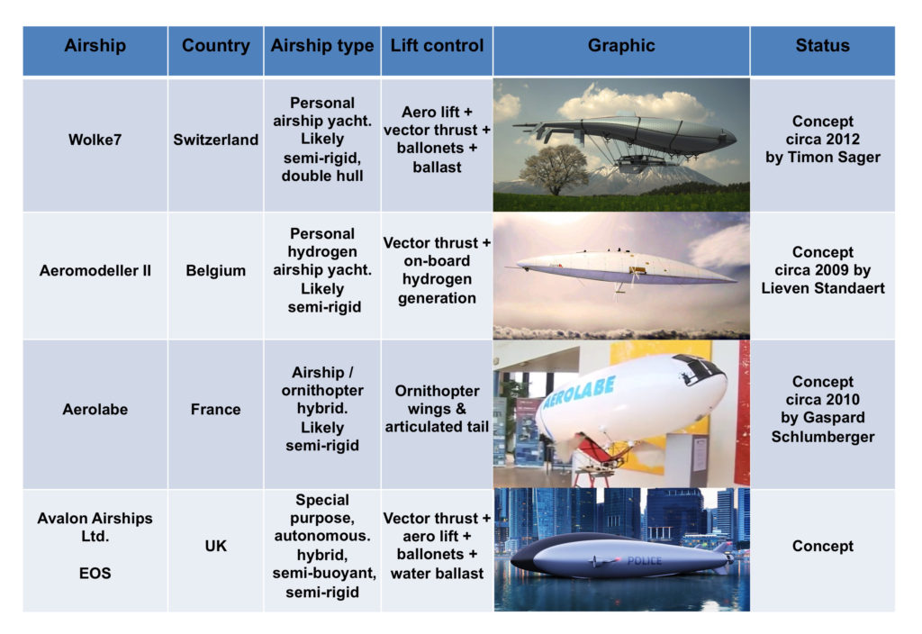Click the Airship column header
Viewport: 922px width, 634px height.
click(95, 46)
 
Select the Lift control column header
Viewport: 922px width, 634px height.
click(437, 46)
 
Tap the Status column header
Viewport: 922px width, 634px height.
click(823, 46)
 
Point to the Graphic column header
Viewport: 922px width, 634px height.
click(621, 46)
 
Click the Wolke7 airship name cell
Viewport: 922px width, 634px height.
click(95, 140)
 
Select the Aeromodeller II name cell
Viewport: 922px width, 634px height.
click(95, 270)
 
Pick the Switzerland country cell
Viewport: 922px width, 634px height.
click(216, 140)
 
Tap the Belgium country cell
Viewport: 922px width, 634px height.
click(216, 270)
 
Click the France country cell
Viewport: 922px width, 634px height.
click(216, 410)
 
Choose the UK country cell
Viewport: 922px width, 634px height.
click(216, 547)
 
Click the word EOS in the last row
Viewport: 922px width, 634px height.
click(95, 574)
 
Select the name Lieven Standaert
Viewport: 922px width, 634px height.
click(823, 288)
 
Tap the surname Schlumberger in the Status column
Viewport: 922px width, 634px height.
click(823, 437)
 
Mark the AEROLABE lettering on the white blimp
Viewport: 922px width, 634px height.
click(580, 393)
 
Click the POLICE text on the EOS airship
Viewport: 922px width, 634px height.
click(645, 561)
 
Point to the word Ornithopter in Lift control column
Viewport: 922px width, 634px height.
click(437, 391)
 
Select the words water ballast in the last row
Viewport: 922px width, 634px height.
click(437, 574)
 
